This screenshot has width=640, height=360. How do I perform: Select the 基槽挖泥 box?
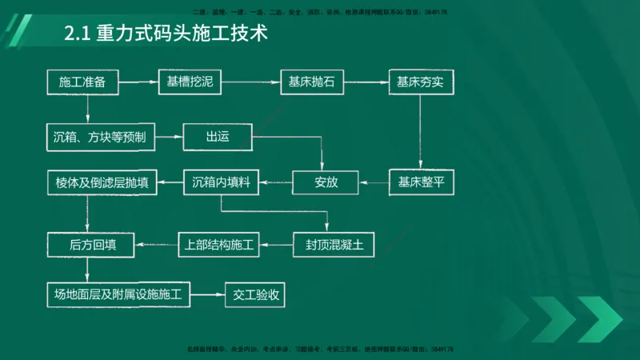190,82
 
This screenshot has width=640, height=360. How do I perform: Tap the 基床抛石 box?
305,82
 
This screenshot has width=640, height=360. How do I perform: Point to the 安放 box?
326,183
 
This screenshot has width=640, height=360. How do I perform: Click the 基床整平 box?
421,183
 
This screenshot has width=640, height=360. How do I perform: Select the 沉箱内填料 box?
222,183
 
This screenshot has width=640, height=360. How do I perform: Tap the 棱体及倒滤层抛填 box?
101,183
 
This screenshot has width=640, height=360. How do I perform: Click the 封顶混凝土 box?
334,245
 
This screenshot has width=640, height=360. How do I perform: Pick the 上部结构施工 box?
218,245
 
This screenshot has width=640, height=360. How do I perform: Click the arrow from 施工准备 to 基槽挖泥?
142,82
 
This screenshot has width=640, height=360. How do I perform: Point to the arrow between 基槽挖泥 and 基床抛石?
250,82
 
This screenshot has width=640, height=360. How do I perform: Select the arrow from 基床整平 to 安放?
374,183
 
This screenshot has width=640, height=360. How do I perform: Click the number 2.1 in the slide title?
78,35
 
